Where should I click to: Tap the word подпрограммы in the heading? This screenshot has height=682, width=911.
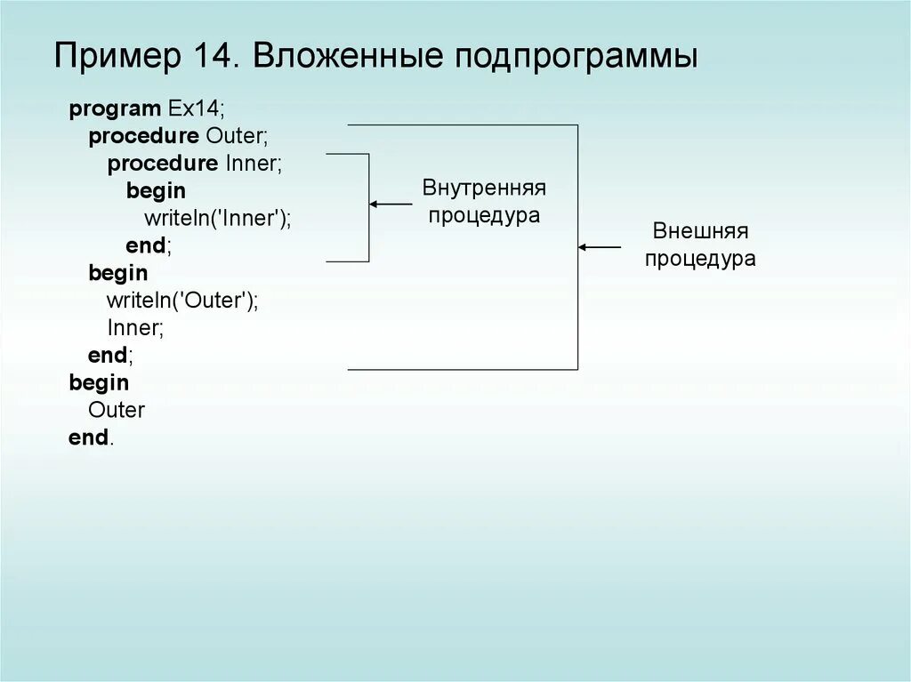577,58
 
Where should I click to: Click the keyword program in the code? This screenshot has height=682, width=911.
115,109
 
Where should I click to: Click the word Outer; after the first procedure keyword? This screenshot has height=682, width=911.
237,137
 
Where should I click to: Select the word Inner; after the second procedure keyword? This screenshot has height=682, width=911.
254,164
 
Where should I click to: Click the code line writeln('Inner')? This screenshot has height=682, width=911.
218,219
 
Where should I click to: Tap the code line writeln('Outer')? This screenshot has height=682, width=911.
182,301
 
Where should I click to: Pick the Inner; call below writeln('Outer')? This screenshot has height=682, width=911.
135,328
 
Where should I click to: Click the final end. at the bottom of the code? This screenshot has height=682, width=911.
91,437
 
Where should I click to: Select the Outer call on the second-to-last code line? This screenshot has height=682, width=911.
117,410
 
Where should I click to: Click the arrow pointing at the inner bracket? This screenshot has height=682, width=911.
391,205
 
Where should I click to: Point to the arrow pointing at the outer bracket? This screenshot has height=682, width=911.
600,247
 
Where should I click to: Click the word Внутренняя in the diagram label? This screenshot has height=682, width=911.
484,189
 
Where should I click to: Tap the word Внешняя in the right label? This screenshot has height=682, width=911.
700,232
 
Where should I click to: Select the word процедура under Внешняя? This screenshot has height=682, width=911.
700,260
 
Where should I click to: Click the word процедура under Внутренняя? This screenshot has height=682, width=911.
484,216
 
